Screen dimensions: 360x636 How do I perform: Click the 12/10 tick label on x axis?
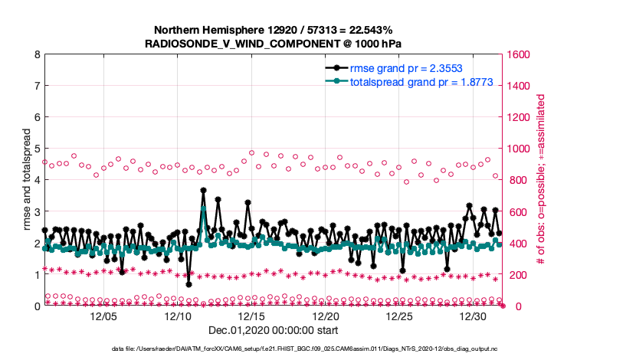click(178, 316)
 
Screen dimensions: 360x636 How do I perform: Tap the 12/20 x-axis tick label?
click(326, 316)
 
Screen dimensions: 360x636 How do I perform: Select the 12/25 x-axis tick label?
click(400, 316)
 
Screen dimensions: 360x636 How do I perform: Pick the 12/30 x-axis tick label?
click(474, 316)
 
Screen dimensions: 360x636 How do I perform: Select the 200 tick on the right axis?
click(516, 274)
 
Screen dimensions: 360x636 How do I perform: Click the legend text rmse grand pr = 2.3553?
click(398, 68)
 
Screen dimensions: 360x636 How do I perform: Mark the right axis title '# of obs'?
click(540, 180)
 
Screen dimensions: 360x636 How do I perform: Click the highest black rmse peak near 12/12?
click(203, 190)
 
